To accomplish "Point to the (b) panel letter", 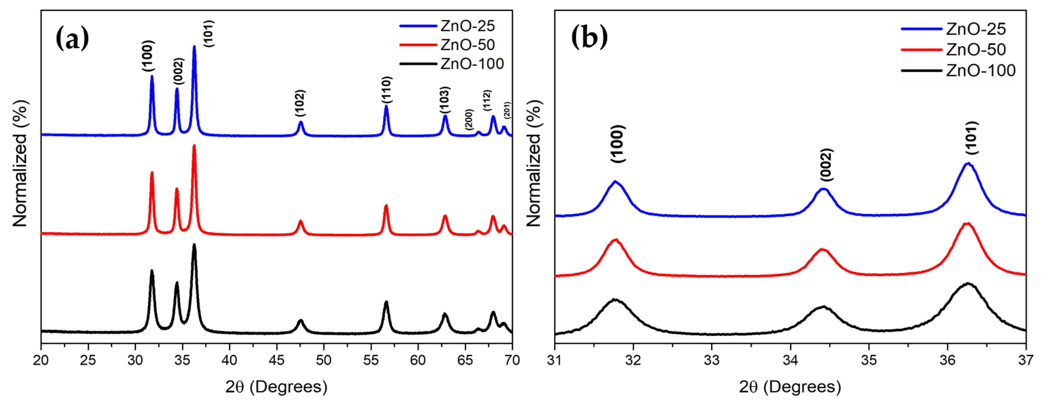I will pyautogui.click(x=589, y=38).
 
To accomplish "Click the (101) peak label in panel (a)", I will pyautogui.click(x=209, y=33).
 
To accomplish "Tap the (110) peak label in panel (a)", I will pyautogui.click(x=387, y=90).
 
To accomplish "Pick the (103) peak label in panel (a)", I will pyautogui.click(x=445, y=100).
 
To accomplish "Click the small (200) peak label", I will pyautogui.click(x=469, y=119).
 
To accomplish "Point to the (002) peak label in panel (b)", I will pyautogui.click(x=826, y=165).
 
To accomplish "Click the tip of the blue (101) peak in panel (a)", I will pyautogui.click(x=194, y=46).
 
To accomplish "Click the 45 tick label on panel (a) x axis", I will pyautogui.click(x=276, y=360).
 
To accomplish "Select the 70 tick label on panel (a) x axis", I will pyautogui.click(x=512, y=360).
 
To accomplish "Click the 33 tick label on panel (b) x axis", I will pyautogui.click(x=712, y=360).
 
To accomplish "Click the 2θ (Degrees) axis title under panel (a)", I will pyautogui.click(x=276, y=387).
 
